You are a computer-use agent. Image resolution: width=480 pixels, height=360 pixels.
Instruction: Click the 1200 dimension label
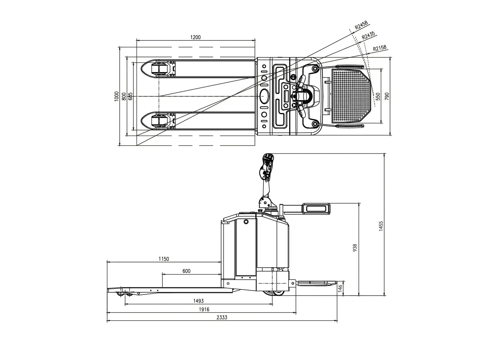coord(195,37)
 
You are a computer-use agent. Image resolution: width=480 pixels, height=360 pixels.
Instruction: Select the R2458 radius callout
coord(361,25)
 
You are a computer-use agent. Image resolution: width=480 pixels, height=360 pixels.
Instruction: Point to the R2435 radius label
coord(368,36)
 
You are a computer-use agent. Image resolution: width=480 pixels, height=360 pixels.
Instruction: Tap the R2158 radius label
coord(379,48)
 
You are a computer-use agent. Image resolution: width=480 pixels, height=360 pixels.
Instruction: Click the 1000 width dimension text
coord(117,96)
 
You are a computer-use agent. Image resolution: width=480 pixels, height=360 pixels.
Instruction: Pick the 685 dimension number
coord(130,96)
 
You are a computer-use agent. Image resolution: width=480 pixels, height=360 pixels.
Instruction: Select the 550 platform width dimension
coord(378,96)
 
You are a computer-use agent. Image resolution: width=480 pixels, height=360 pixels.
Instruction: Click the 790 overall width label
coord(387,96)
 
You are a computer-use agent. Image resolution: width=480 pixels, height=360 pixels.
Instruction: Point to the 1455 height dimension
coord(381,226)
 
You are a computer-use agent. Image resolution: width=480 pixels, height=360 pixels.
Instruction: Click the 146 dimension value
coord(340,288)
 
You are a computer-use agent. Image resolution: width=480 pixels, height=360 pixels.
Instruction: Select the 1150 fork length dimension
coord(164,259)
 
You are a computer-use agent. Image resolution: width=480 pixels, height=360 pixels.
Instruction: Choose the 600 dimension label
coord(186,271)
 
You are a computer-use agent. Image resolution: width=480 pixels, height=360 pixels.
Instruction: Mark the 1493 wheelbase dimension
coord(198,301)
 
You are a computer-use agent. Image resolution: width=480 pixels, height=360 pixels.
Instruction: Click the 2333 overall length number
coord(222,317)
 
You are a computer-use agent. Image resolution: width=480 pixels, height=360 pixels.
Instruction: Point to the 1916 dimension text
coord(204,309)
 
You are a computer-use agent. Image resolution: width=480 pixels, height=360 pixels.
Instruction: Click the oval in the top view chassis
coord(264,96)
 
